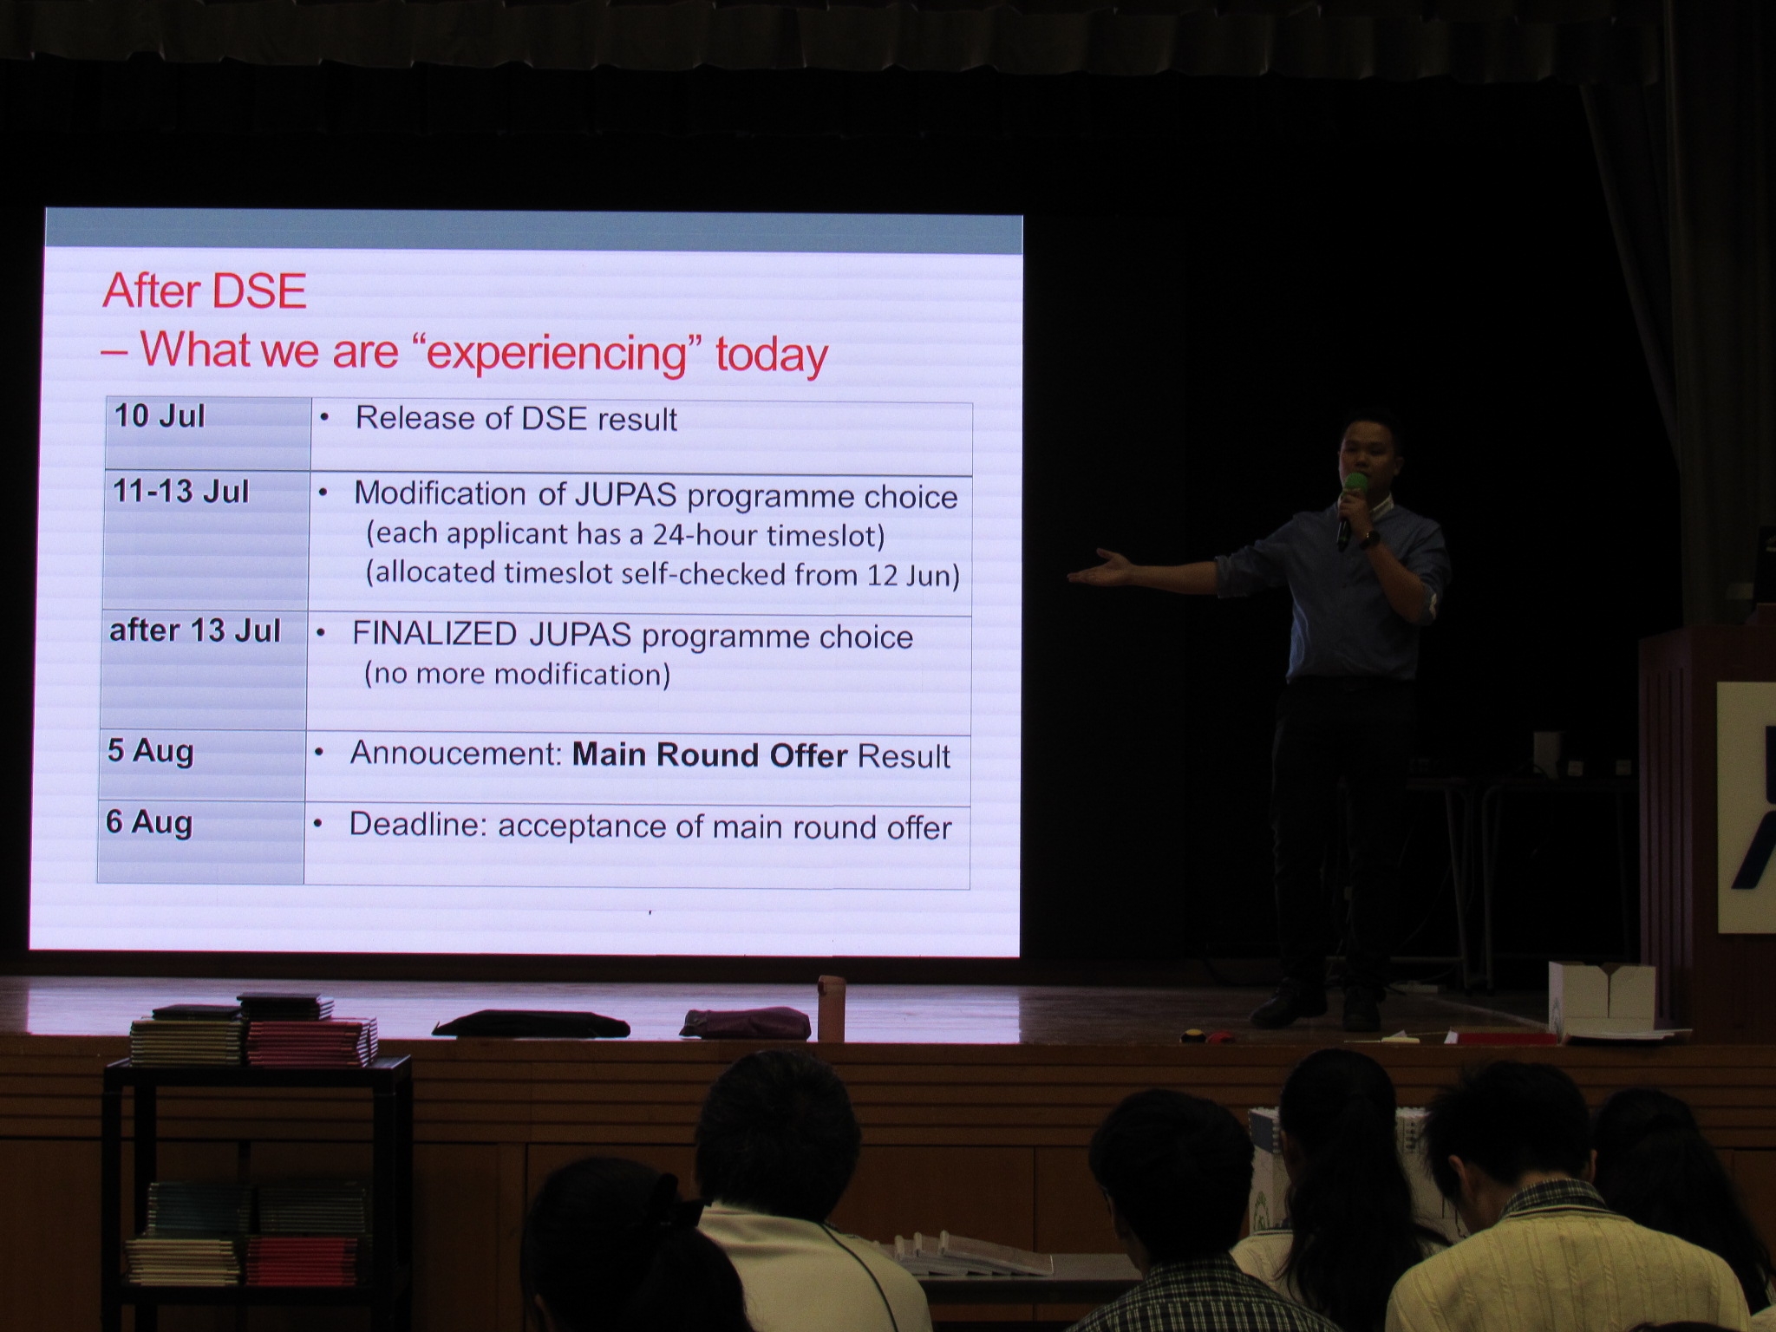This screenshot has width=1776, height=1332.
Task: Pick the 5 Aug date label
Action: click(150, 751)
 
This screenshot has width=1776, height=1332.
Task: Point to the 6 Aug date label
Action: click(148, 822)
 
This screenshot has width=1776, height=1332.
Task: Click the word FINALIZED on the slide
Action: click(434, 634)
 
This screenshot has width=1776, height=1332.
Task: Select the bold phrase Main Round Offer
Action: click(709, 755)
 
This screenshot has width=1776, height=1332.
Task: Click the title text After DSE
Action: click(205, 291)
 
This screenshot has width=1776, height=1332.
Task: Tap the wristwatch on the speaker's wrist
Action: click(1369, 539)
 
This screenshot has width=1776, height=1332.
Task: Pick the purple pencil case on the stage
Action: click(746, 1022)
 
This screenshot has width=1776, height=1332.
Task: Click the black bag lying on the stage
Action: click(531, 1023)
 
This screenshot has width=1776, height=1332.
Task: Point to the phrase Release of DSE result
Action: click(516, 419)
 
